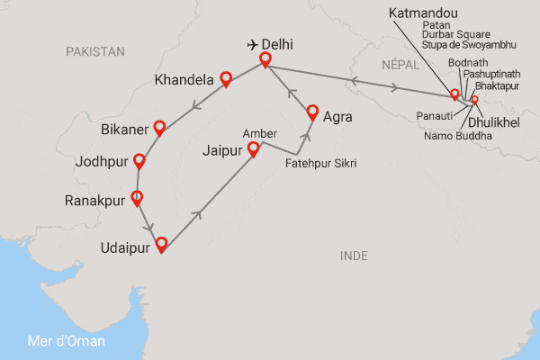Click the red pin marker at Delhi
click(265, 59)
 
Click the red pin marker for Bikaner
click(159, 127)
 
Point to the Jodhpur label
click(102, 165)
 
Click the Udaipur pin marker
click(161, 243)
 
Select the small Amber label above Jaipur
click(259, 133)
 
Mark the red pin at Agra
click(312, 112)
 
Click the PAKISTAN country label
click(95, 52)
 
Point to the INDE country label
click(355, 256)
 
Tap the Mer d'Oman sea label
click(67, 341)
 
